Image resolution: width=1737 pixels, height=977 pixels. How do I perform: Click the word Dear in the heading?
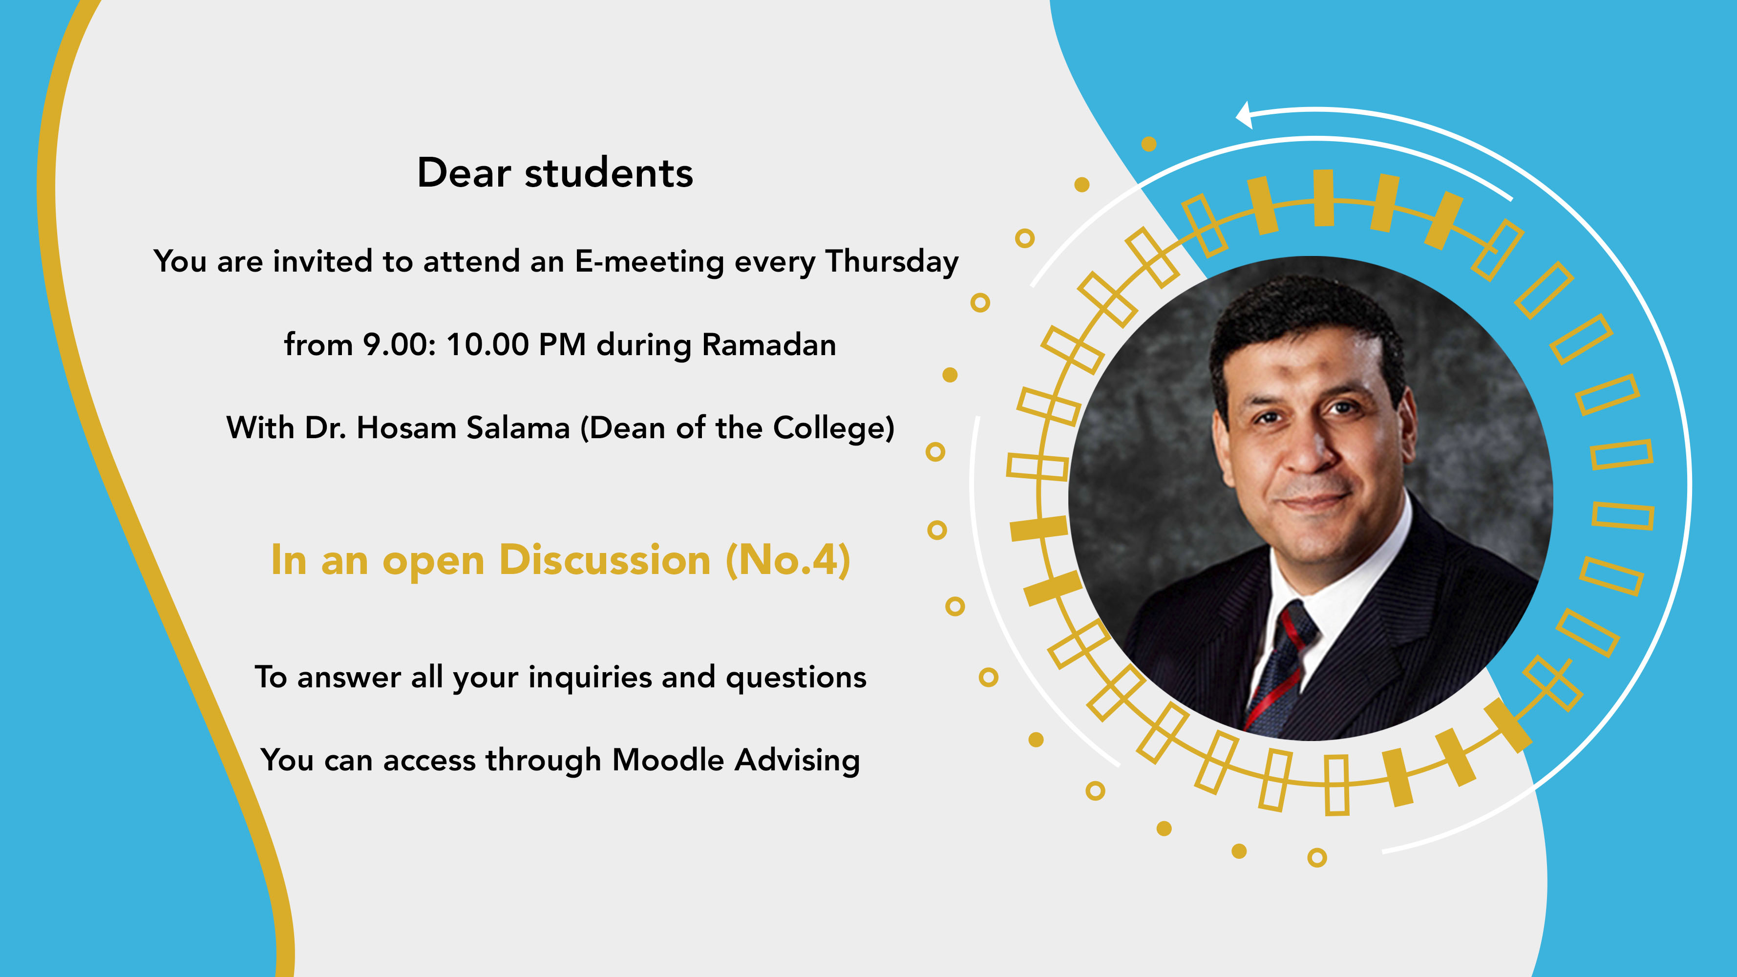[x=464, y=172]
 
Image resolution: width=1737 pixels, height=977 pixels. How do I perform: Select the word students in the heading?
[x=609, y=172]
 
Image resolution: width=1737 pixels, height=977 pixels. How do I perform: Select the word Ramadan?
[x=769, y=344]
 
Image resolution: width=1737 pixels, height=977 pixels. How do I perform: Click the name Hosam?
[x=406, y=427]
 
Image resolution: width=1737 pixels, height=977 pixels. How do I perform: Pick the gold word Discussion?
[x=605, y=560]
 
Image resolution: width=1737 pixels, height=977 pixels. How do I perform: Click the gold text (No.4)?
[x=787, y=560]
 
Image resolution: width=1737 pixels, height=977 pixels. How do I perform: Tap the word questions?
[x=796, y=678]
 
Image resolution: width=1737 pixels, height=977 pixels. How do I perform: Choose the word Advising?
[x=797, y=761]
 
